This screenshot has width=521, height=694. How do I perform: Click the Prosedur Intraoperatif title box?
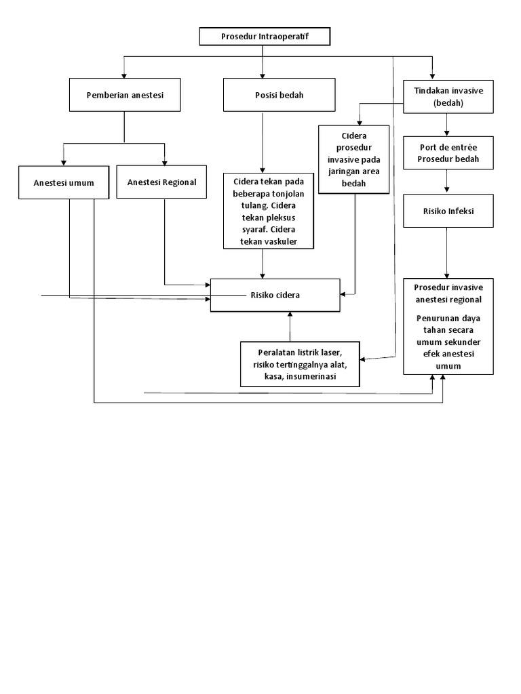[264, 37]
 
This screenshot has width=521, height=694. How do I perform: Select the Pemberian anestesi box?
[125, 95]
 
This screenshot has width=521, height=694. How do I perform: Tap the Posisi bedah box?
[279, 95]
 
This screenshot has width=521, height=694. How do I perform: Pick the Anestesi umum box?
[64, 182]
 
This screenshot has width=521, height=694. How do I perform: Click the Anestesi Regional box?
[161, 182]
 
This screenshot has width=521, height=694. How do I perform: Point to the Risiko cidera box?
[275, 295]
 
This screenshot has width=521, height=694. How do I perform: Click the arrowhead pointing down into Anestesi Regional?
[164, 162]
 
